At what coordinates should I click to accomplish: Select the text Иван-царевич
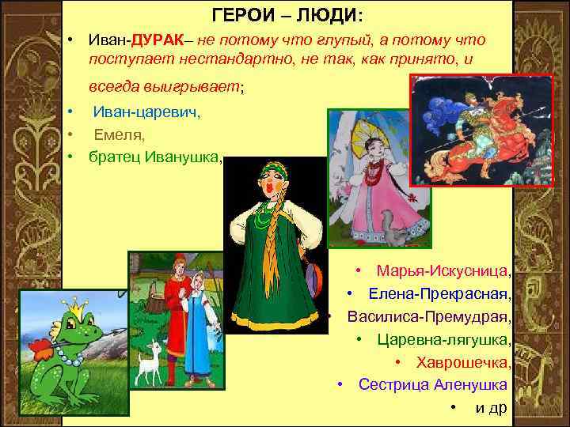146,113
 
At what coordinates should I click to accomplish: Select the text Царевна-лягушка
443,340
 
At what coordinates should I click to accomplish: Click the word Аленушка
472,385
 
